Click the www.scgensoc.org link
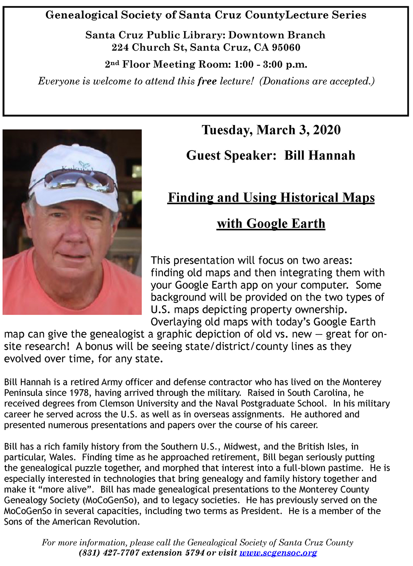click(x=278, y=553)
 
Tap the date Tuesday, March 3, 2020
click(x=271, y=130)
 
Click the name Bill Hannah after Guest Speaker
click(x=319, y=156)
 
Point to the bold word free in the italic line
click(x=207, y=81)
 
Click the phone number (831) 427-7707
click(x=109, y=553)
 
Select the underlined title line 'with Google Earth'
click(x=271, y=224)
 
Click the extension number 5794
click(x=195, y=553)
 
